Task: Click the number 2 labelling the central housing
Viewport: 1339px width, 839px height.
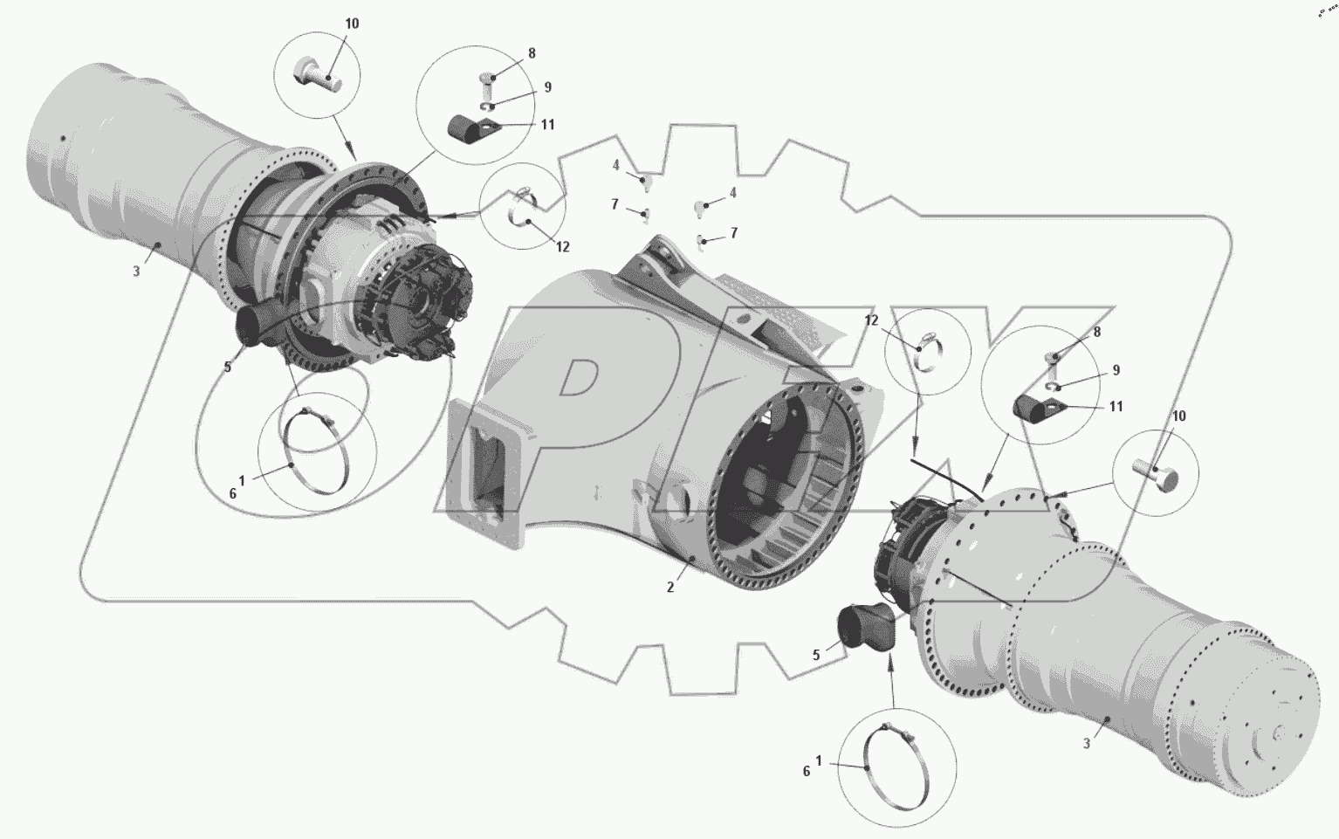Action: point(670,588)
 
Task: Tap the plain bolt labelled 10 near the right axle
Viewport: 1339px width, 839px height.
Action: point(1156,476)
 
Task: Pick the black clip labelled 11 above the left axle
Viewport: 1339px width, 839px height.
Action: point(471,132)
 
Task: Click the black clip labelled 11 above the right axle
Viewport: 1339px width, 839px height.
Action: point(1039,409)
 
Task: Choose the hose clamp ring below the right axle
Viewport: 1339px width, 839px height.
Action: point(896,767)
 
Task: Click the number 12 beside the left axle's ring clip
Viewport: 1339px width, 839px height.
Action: point(562,247)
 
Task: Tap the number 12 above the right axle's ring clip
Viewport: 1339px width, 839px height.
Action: point(871,320)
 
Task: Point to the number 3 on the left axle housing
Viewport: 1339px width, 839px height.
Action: point(136,271)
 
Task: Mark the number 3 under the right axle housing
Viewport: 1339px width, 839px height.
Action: point(1086,743)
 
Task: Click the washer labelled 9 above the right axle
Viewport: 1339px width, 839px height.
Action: point(1056,386)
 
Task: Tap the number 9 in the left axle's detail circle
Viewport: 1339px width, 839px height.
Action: point(547,87)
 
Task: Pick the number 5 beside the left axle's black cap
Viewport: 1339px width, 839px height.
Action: point(227,367)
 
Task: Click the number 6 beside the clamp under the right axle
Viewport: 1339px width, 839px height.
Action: point(806,772)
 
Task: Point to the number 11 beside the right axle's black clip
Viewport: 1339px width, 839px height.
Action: point(1116,407)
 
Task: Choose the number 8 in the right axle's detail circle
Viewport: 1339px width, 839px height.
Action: point(1097,332)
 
